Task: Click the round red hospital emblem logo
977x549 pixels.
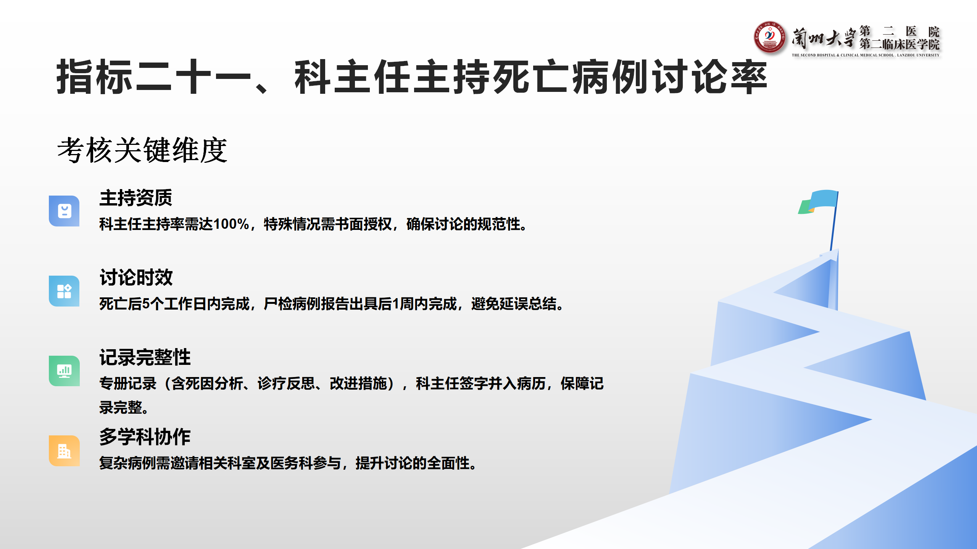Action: (770, 37)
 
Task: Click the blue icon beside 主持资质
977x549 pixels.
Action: (64, 211)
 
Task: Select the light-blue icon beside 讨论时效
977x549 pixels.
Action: (64, 291)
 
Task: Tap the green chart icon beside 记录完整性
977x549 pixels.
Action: (64, 371)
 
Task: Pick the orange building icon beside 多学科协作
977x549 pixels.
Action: (64, 451)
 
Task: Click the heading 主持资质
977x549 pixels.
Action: (136, 198)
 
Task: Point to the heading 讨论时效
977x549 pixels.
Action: (136, 278)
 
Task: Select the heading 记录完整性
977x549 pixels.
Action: (145, 357)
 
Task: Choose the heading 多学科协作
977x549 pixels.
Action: (145, 437)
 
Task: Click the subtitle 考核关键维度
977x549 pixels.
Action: (142, 150)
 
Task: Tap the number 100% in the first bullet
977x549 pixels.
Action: (231, 224)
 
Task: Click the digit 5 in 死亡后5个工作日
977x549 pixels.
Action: (146, 304)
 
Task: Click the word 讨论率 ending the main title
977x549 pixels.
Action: (710, 77)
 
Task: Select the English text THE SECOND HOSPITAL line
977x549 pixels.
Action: (866, 55)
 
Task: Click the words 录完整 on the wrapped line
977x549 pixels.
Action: (121, 408)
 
